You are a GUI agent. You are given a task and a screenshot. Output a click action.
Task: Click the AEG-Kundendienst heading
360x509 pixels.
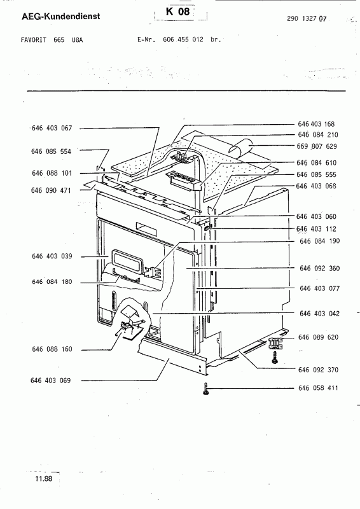[x=60, y=17]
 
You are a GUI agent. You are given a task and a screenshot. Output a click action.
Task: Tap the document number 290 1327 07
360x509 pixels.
[x=307, y=18]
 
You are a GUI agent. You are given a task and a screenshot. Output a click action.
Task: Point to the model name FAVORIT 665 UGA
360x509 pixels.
[x=52, y=40]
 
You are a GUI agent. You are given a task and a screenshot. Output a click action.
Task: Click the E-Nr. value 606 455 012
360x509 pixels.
[x=183, y=39]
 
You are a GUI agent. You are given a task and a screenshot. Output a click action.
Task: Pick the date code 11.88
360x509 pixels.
[x=44, y=478]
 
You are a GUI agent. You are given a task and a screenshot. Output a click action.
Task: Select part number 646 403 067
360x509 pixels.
[x=52, y=129]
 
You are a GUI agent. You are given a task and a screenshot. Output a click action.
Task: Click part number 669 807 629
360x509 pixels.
[x=317, y=146]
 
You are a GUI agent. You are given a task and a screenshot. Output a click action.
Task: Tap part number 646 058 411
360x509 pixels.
[x=318, y=388]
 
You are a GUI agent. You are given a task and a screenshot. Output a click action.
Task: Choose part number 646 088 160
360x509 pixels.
[x=52, y=349]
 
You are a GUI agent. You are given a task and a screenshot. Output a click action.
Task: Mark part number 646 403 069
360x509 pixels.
[x=51, y=380]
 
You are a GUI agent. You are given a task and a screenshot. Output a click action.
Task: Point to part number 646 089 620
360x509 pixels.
[x=319, y=337]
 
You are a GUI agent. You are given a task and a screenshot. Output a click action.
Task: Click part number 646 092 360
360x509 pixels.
[x=320, y=268]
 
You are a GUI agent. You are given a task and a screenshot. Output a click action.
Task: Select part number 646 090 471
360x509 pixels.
[x=51, y=190]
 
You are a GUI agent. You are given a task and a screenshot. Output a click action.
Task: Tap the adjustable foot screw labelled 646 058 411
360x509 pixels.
[x=205, y=389]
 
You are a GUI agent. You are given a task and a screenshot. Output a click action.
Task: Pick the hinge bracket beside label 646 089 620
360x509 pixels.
[x=275, y=343]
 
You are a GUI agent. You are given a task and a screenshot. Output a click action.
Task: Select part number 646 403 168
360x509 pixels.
[x=316, y=124]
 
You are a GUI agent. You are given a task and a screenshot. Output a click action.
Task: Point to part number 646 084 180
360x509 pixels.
[x=52, y=282]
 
